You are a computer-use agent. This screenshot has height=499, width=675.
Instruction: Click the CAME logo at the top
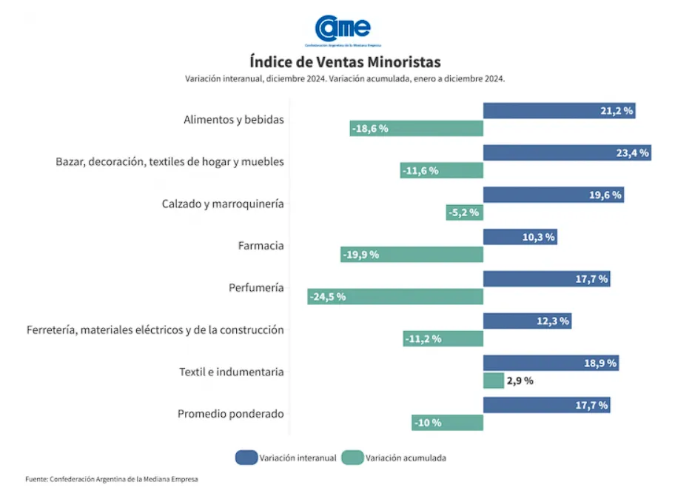[x=343, y=29]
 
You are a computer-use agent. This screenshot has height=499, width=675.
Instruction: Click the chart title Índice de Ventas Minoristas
[x=345, y=61]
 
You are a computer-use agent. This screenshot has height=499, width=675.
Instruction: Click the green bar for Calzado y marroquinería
[x=464, y=212]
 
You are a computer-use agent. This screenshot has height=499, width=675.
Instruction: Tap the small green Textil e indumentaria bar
[x=493, y=381]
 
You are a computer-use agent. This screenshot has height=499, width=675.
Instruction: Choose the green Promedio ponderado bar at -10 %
[x=447, y=423]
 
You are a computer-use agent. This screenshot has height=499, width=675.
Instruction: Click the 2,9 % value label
[x=520, y=381]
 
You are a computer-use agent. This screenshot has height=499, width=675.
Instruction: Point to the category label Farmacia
[x=261, y=245]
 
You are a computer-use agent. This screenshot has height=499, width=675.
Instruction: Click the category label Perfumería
[x=256, y=287]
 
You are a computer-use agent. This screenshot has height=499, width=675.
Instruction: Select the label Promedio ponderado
[x=230, y=414]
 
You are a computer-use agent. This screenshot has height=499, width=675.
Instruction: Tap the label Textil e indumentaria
[x=231, y=372]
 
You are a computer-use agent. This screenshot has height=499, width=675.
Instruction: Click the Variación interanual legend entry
[x=286, y=458]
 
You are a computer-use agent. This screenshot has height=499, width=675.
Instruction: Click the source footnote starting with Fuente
[x=111, y=479]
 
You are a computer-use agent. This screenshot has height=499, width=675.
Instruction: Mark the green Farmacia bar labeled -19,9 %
[x=412, y=255]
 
